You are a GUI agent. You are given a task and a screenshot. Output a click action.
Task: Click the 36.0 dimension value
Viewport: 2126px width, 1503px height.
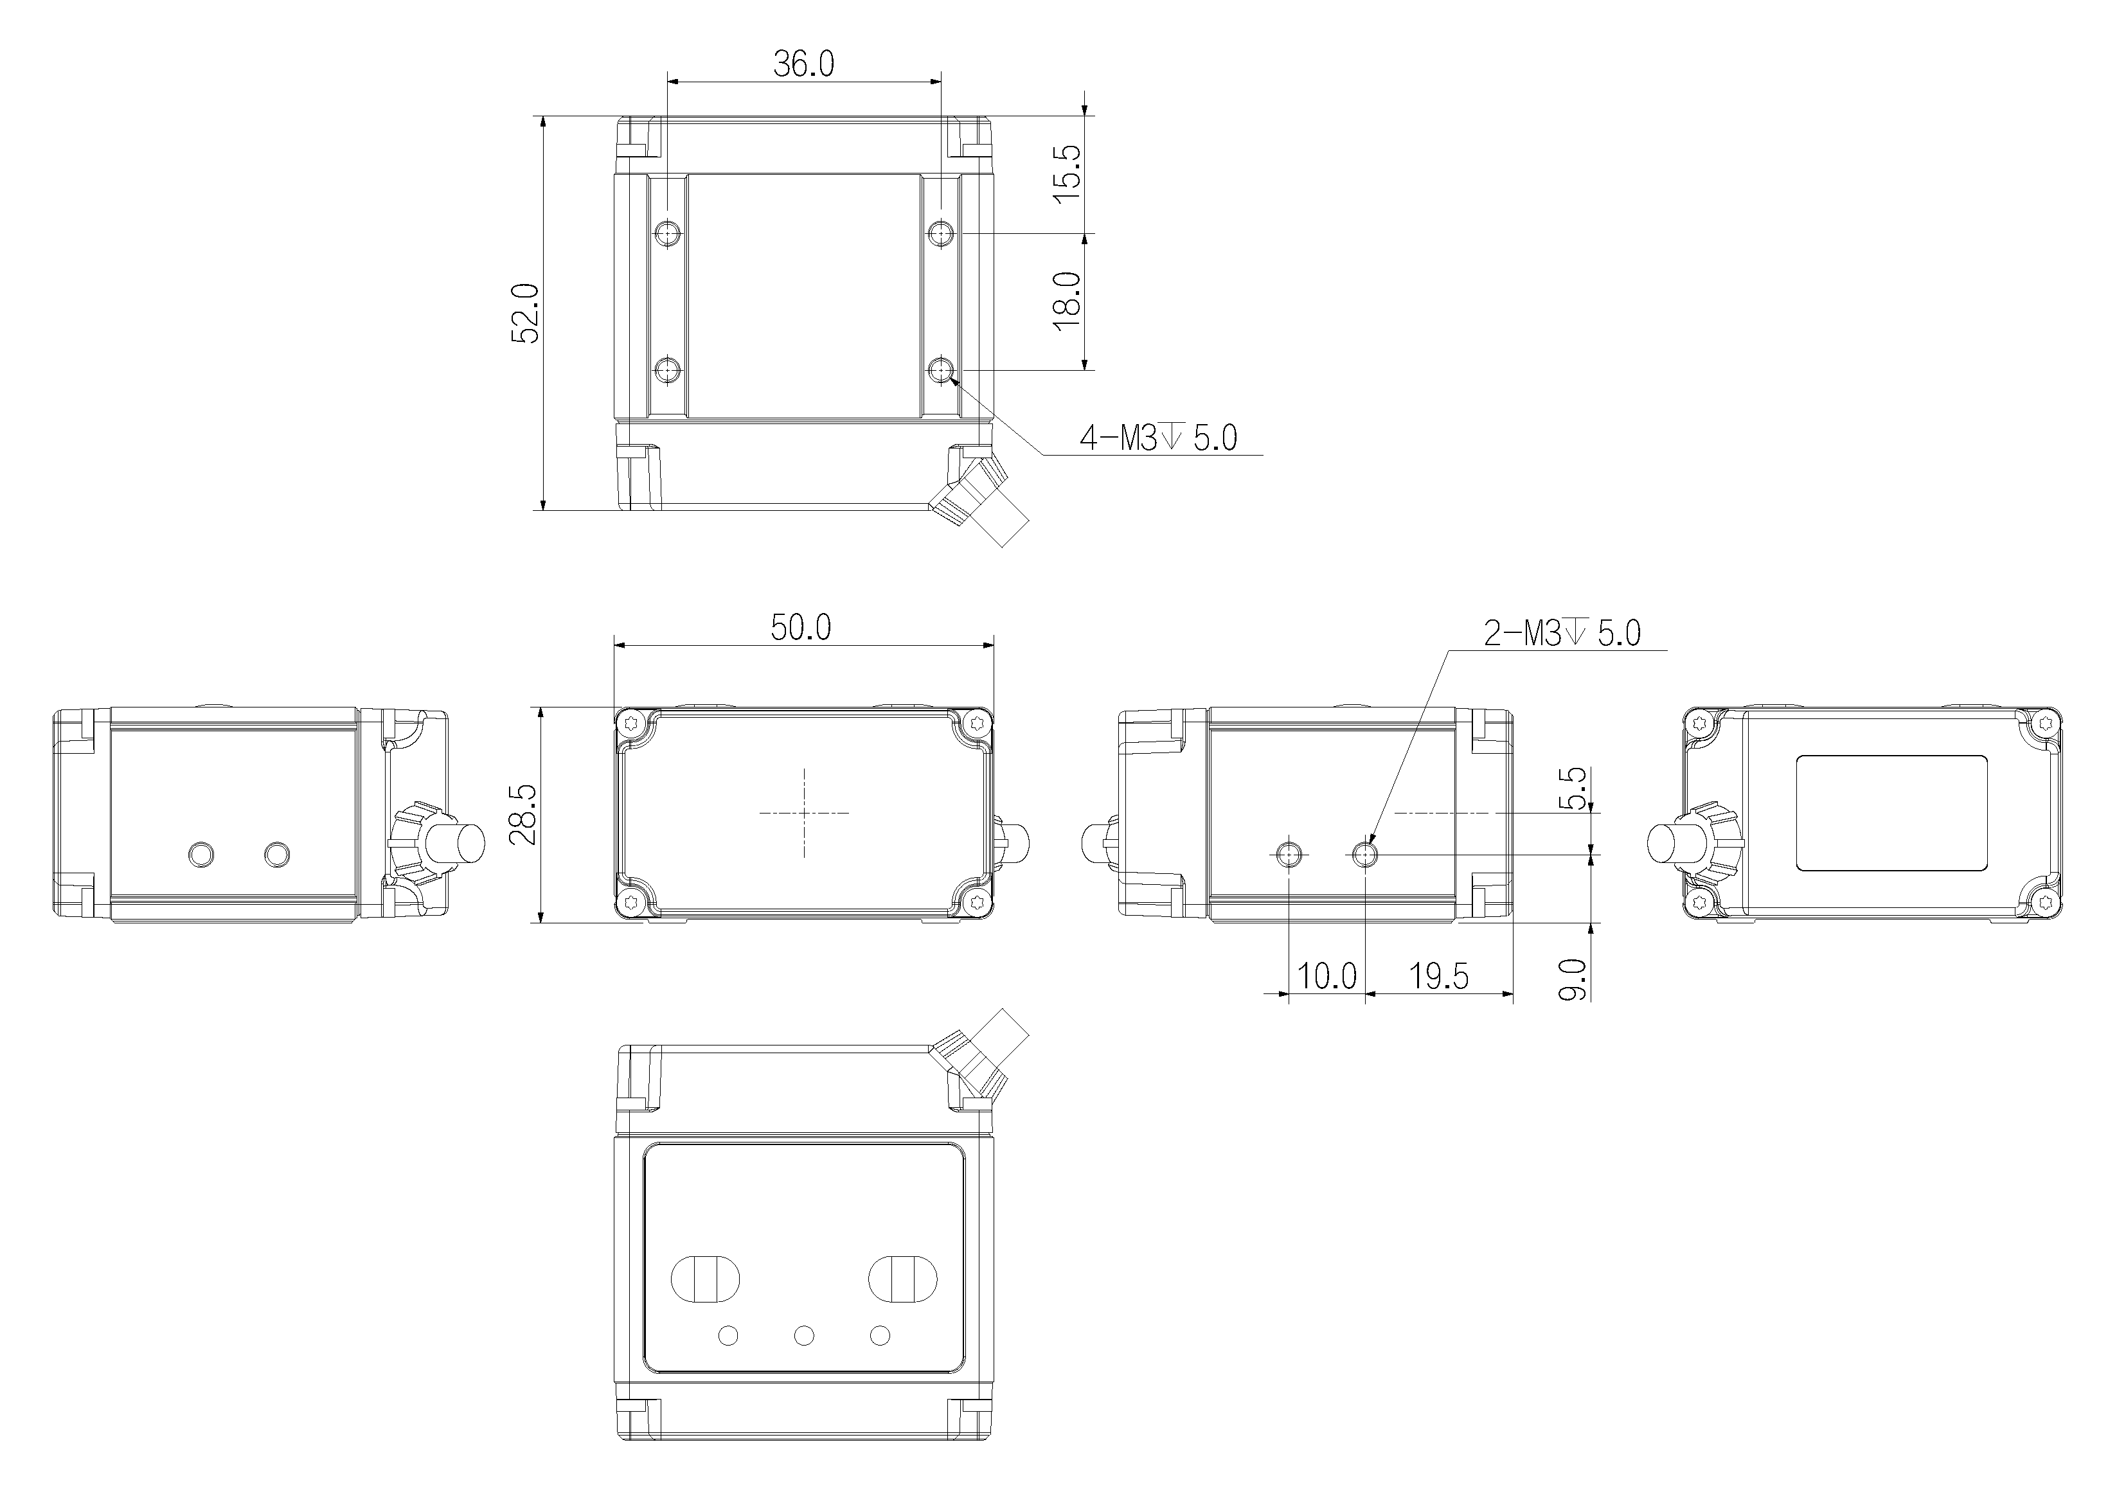tap(804, 64)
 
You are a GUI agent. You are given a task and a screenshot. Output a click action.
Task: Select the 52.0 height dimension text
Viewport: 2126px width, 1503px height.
tap(526, 313)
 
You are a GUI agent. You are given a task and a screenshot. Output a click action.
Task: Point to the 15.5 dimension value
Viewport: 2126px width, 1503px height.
tap(1067, 173)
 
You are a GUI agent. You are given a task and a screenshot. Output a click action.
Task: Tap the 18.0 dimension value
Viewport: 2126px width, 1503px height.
tap(1067, 300)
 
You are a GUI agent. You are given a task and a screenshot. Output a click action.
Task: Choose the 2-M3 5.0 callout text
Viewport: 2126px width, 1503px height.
tap(1562, 634)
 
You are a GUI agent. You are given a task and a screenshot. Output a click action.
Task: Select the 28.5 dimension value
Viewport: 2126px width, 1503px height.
tap(523, 814)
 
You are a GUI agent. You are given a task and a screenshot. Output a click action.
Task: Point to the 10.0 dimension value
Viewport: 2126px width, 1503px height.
tap(1327, 975)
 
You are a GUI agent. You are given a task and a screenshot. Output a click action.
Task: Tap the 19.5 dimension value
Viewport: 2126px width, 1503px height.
tap(1439, 975)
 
